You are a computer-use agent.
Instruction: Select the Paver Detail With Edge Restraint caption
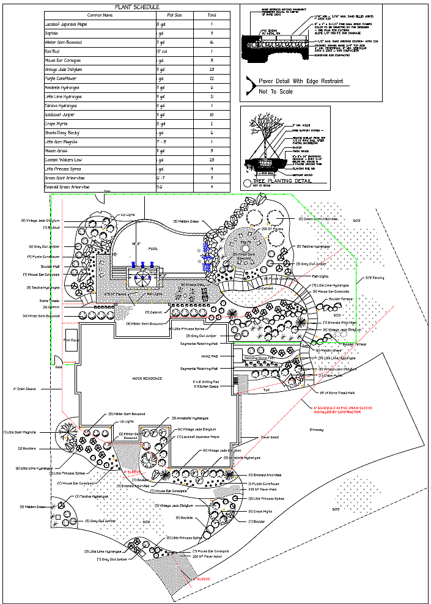coord(301,81)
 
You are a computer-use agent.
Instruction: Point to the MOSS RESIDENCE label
coord(147,378)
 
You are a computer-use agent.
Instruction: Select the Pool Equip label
coord(72,340)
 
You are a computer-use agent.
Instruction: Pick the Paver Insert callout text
coord(270,437)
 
